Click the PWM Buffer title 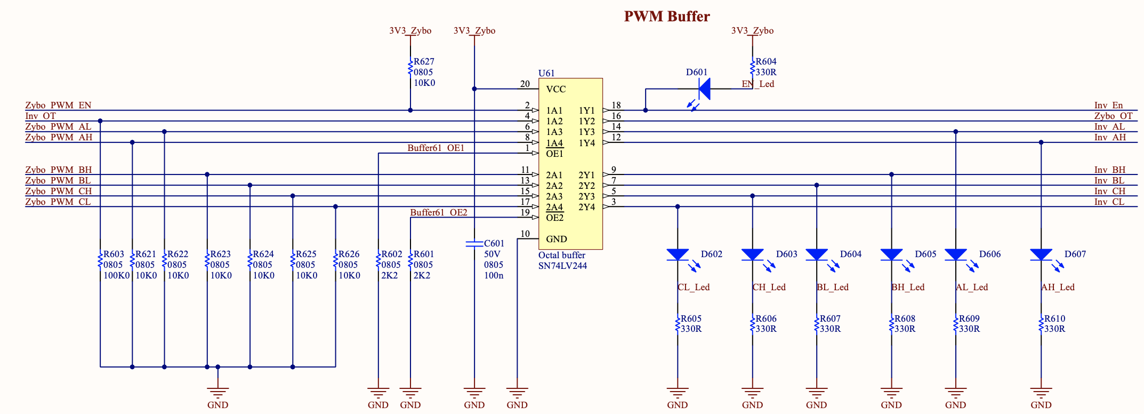click(666, 17)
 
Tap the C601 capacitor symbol click(474, 244)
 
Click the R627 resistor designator click(424, 62)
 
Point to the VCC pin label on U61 click(556, 89)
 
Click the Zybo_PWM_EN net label click(58, 105)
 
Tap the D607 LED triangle click(1041, 254)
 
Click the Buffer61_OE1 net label click(436, 148)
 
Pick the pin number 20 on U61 click(525, 84)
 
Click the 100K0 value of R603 click(117, 275)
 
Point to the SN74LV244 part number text click(562, 266)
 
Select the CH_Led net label click(769, 287)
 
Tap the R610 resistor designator click(1054, 319)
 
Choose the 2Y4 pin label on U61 click(586, 207)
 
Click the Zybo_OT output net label click(1113, 116)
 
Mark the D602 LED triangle click(678, 254)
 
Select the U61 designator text click(546, 73)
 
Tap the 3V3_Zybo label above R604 click(752, 30)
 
